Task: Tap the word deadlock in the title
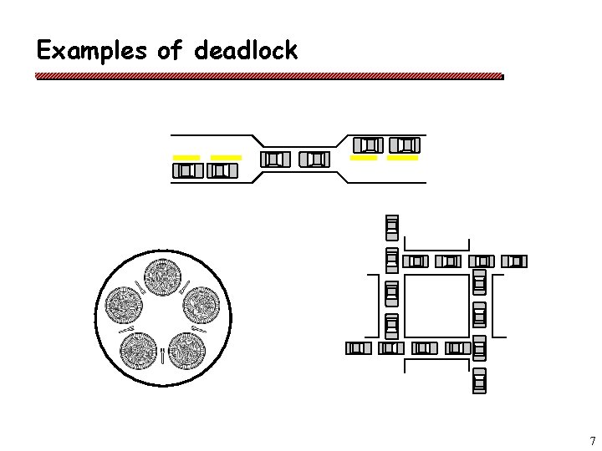tap(245, 51)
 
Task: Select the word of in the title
tap(169, 51)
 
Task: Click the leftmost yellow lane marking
tap(186, 157)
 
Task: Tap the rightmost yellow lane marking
tap(403, 156)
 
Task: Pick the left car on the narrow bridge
tap(274, 159)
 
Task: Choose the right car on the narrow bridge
tap(314, 159)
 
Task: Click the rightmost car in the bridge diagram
tap(405, 144)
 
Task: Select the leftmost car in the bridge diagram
tap(187, 171)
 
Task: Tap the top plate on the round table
tap(162, 276)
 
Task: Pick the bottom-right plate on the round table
tap(186, 351)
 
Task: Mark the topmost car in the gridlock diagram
tap(391, 227)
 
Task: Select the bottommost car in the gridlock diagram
tap(479, 379)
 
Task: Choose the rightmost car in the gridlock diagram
tap(516, 261)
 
